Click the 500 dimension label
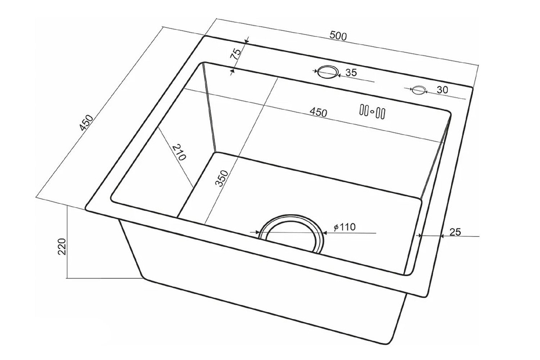(338, 36)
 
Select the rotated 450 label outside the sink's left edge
(86, 123)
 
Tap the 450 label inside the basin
(318, 113)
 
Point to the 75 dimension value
(235, 54)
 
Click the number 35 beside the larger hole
(351, 72)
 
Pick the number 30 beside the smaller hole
(442, 90)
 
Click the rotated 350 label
(221, 178)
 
